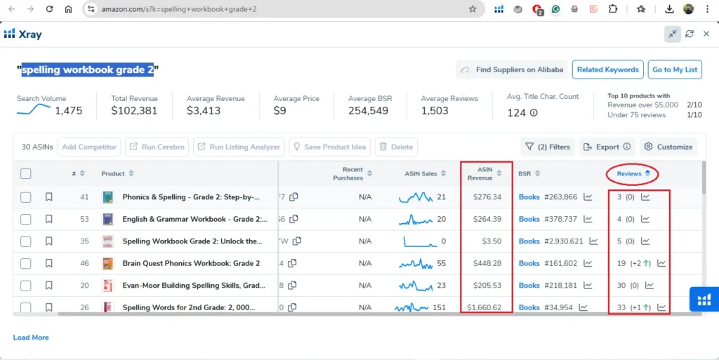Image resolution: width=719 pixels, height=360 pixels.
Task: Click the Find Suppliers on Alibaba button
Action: (x=511, y=69)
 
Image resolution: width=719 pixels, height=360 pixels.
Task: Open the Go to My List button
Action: (x=675, y=69)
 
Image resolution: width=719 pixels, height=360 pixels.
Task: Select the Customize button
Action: (x=668, y=147)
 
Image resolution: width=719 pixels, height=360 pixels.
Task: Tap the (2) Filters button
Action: (x=548, y=147)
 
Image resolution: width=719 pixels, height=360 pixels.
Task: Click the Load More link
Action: (x=31, y=338)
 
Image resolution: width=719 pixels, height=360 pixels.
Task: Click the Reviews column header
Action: (x=629, y=173)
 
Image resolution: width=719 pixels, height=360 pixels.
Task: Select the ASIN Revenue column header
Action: (x=485, y=173)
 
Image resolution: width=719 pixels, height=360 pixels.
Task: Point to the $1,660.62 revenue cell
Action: (x=484, y=307)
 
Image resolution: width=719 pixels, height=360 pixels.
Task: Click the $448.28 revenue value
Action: (x=487, y=263)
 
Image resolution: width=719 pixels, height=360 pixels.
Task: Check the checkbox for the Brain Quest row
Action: (x=26, y=264)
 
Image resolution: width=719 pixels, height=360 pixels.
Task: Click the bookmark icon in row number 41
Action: (x=49, y=197)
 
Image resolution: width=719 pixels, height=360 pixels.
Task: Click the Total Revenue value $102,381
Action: (x=134, y=111)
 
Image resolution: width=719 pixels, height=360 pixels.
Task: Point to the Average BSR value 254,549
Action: (x=368, y=111)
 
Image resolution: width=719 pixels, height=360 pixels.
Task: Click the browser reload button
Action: (x=49, y=9)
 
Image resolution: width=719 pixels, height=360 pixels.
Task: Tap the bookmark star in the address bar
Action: (x=473, y=9)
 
